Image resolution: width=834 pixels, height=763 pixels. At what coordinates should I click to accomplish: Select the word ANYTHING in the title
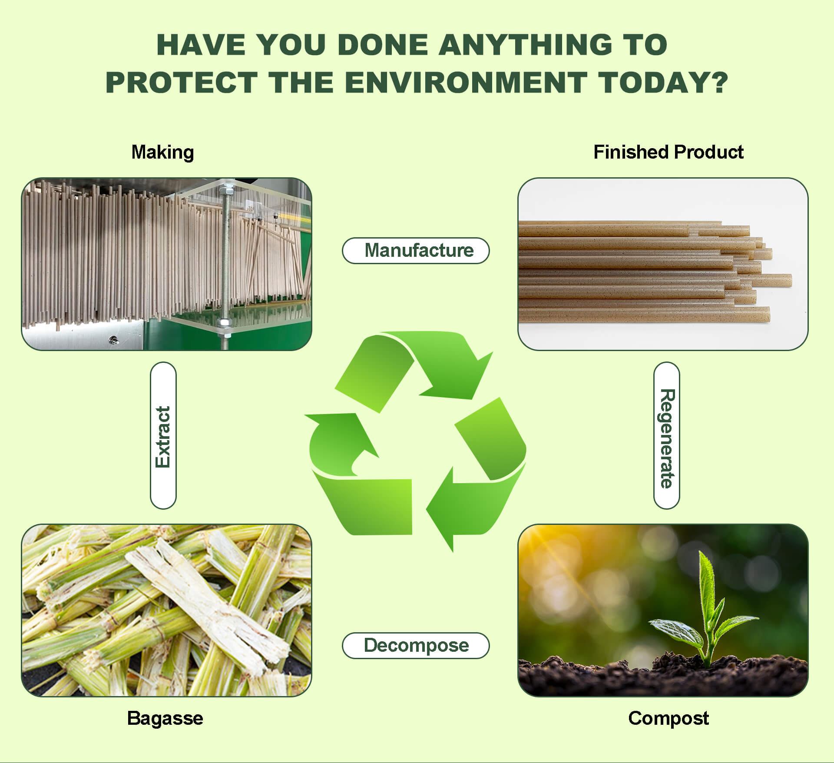526,44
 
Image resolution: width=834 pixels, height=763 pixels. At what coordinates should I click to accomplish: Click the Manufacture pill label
416,250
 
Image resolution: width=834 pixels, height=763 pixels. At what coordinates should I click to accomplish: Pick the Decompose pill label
416,645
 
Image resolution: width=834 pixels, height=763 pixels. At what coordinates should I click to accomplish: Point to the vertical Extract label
163,436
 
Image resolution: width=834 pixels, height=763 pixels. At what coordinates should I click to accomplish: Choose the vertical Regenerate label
667,436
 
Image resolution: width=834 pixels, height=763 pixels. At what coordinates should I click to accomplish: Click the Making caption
162,152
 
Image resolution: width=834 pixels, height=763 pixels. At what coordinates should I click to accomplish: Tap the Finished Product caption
668,152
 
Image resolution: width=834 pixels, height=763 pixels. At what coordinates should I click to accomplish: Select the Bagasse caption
165,718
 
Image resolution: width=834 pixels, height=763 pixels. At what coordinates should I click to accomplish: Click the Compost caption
668,718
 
